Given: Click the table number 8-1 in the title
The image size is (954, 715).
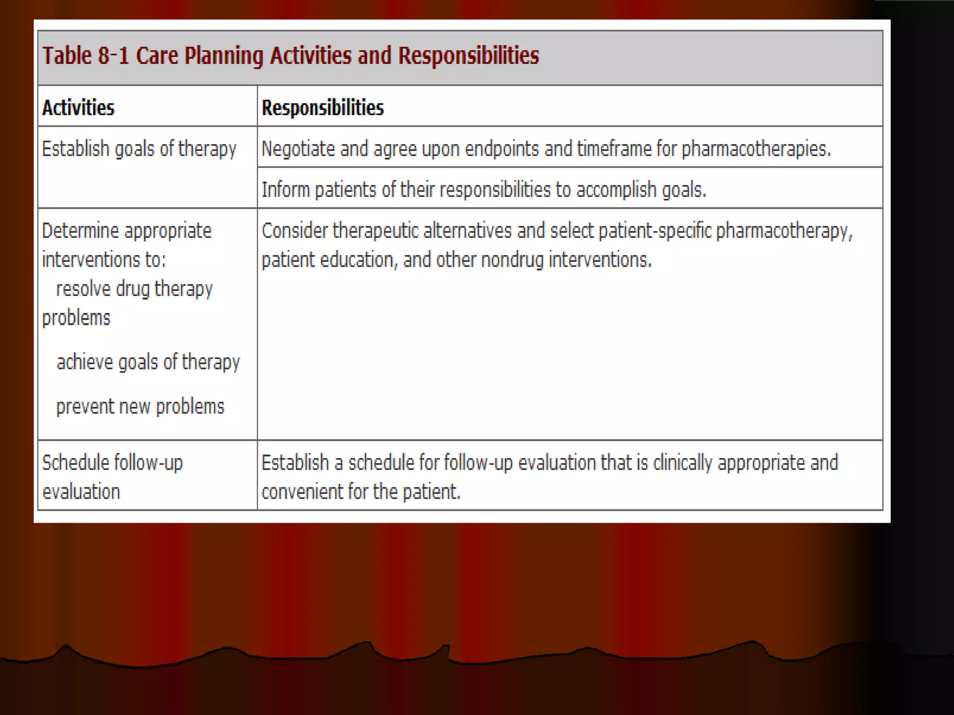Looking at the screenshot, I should point(112,55).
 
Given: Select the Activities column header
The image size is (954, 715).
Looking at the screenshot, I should point(78,108).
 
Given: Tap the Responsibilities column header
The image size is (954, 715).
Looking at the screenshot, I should point(322,108).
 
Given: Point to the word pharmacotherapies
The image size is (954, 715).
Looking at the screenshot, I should point(756,149).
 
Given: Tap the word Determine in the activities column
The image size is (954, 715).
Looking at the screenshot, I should point(80,231).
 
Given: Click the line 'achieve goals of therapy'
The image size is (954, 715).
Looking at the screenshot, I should point(148,362).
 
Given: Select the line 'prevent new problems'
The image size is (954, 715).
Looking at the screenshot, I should point(140,406).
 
